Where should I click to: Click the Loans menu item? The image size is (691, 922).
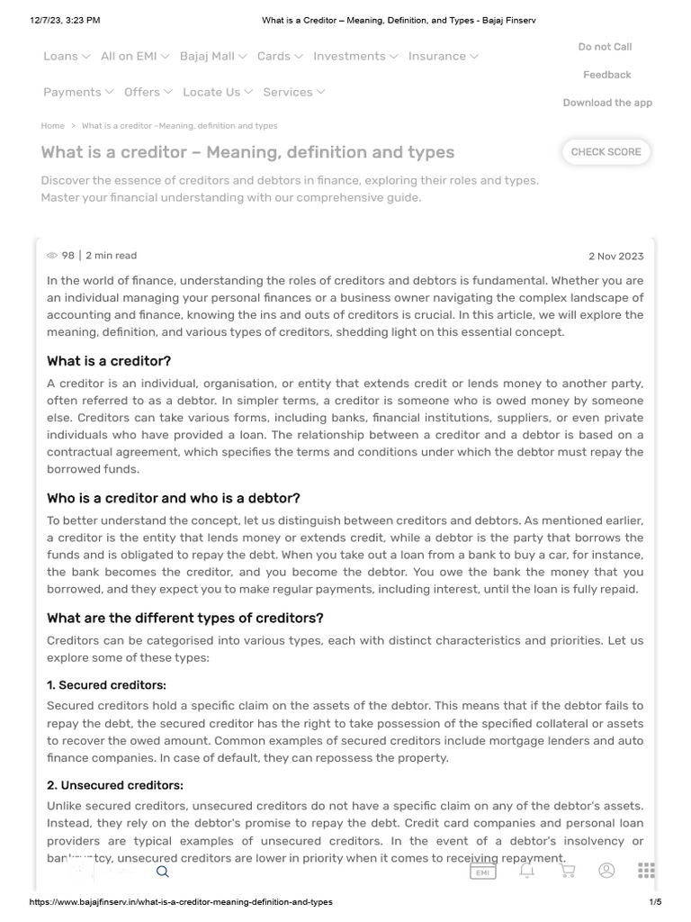[x=67, y=56]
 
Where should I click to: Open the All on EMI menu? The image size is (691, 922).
[x=135, y=56]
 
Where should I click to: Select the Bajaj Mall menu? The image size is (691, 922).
[x=213, y=56]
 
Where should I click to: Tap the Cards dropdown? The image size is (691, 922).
[x=280, y=56]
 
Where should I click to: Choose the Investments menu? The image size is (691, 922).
[x=355, y=56]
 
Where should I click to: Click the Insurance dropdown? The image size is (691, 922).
[x=443, y=56]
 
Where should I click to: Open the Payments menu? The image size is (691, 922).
[x=78, y=92]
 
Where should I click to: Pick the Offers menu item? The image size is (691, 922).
[x=148, y=92]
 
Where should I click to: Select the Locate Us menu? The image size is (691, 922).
[x=218, y=92]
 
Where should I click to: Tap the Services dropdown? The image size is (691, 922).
[x=294, y=92]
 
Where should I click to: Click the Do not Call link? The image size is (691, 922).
[x=605, y=47]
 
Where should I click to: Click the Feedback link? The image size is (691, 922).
[x=606, y=75]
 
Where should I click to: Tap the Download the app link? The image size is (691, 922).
[x=607, y=103]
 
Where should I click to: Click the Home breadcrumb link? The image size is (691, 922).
[x=52, y=126]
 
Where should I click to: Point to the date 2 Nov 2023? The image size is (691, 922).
[x=615, y=256]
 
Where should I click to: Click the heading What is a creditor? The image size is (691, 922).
[x=109, y=361]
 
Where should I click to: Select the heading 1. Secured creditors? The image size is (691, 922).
[x=106, y=685]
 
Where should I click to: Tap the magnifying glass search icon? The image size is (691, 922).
[x=163, y=871]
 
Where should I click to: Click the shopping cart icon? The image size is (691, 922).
[x=568, y=871]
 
